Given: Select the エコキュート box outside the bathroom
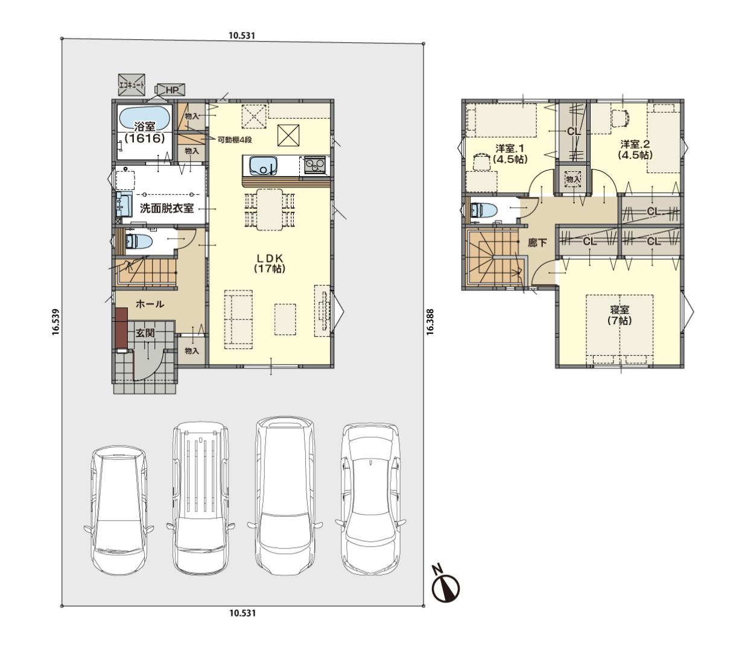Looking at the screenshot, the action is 132,86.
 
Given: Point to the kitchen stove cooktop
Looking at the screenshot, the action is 315,166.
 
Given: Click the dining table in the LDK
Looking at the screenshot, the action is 270,209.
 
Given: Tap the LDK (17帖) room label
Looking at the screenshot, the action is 270,263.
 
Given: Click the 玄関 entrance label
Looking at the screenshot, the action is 145,333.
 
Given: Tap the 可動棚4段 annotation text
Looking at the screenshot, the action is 235,140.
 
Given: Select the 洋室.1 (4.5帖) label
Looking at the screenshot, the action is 510,153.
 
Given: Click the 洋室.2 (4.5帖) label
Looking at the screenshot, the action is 635,149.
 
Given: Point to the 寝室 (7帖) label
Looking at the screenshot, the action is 619,315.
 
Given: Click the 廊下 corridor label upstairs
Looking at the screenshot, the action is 537,243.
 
